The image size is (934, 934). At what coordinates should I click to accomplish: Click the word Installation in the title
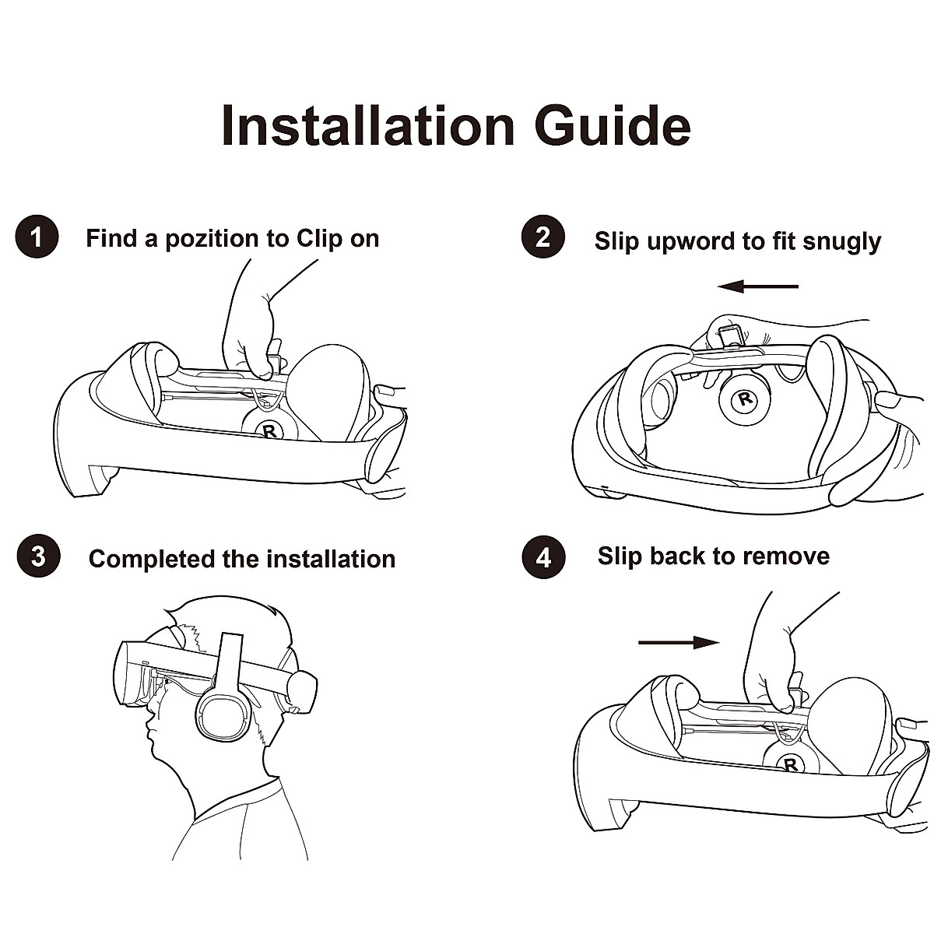point(368,125)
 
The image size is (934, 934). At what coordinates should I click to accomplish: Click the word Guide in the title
point(613,125)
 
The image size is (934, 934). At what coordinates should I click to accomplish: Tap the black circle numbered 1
point(37,237)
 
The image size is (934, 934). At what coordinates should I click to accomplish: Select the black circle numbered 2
point(542,237)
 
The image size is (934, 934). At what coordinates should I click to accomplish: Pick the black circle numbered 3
point(37,557)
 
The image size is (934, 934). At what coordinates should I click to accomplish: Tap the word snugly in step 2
point(841,241)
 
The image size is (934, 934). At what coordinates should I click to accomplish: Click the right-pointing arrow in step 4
point(678,642)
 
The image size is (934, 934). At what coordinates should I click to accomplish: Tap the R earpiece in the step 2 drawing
point(746,400)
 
